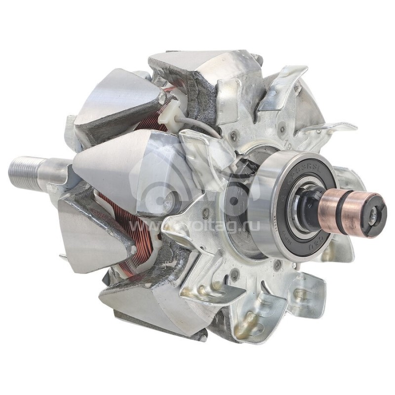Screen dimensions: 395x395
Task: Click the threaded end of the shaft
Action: coord(25,172)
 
